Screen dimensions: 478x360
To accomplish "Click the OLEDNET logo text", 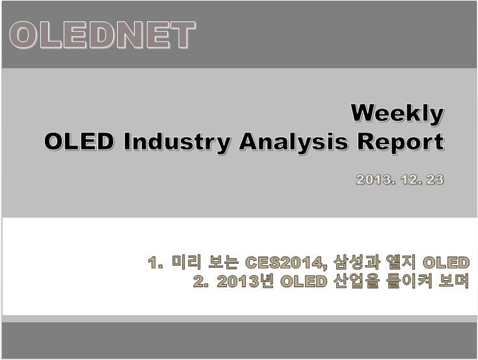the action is [x=103, y=35].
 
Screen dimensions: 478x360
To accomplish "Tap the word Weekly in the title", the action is [x=397, y=114].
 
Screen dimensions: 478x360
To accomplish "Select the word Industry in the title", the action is [x=177, y=142].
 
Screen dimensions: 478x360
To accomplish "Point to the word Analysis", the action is [x=293, y=142].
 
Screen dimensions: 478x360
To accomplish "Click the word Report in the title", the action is [x=401, y=142].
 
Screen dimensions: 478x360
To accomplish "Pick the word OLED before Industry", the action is [x=79, y=141].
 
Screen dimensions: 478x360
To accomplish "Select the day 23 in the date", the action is [x=435, y=179].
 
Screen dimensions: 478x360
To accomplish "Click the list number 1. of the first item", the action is [x=155, y=263].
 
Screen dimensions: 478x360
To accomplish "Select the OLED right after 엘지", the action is [x=445, y=263].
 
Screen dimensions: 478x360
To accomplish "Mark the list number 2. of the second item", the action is [x=200, y=281].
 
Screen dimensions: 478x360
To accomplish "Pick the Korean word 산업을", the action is [x=356, y=281].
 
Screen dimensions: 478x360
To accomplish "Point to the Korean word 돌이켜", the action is [x=409, y=281].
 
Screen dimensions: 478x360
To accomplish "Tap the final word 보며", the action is [x=454, y=281].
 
